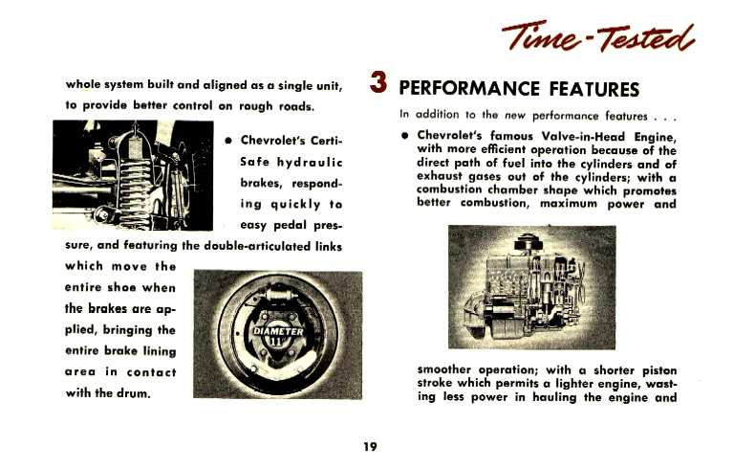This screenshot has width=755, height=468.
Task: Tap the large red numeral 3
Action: (x=378, y=83)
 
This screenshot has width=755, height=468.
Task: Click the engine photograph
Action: (x=531, y=287)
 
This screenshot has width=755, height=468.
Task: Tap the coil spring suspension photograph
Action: (x=132, y=175)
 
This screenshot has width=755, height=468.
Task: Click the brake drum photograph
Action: (x=277, y=334)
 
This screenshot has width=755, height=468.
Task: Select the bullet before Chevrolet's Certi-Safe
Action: (x=226, y=141)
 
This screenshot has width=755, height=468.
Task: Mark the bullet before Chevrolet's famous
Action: (x=405, y=136)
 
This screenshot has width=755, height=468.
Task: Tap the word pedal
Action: (x=282, y=225)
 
